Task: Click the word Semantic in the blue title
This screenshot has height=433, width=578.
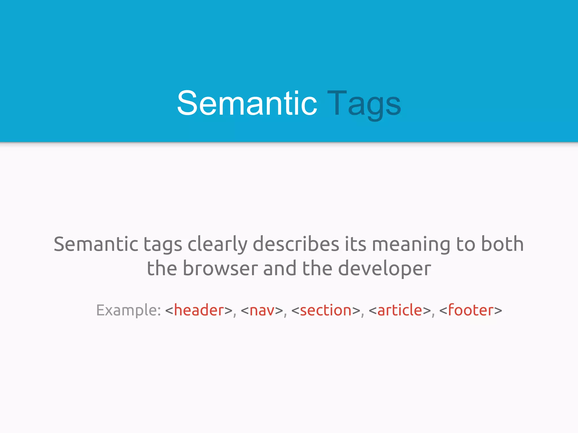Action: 247,103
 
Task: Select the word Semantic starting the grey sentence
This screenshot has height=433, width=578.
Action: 96,244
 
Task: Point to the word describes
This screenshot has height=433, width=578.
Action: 295,244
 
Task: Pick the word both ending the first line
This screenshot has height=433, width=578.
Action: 502,244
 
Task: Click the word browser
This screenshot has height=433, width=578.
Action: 220,268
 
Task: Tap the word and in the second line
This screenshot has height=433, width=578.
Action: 280,268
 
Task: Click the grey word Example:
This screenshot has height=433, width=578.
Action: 129,311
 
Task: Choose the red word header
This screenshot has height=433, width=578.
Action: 199,310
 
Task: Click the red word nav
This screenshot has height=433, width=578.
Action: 262,311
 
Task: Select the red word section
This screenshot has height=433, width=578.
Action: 326,310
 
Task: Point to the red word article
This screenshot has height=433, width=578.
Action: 400,310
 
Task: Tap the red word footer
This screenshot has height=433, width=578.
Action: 471,310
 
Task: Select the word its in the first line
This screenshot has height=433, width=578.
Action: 355,244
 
